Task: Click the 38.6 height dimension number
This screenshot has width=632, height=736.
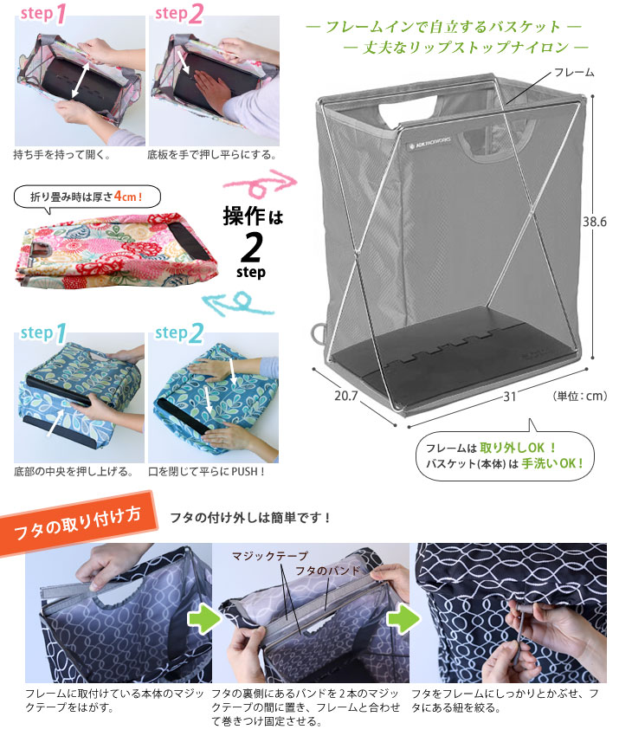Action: [x=594, y=222]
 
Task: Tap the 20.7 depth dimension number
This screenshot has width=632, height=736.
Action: [x=345, y=396]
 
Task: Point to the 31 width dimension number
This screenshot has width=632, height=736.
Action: [x=510, y=397]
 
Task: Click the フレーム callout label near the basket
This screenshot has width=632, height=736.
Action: [x=574, y=72]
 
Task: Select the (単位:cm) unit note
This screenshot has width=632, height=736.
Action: [x=580, y=397]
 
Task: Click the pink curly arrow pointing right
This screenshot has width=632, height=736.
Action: [x=260, y=184]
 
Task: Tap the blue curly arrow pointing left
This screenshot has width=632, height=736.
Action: [x=238, y=303]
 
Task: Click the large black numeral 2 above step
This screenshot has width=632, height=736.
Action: [x=251, y=248]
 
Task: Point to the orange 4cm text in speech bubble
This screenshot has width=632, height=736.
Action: [x=128, y=197]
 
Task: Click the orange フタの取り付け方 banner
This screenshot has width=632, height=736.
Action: [x=78, y=523]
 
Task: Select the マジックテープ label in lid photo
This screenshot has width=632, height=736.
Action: [x=270, y=556]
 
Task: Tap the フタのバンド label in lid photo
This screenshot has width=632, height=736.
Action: [x=327, y=571]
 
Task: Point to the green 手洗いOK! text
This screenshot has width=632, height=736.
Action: [x=552, y=463]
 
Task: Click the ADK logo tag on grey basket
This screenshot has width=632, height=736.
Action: [x=429, y=143]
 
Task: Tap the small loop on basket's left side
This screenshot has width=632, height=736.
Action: [x=317, y=333]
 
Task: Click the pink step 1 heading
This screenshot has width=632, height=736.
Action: [x=43, y=14]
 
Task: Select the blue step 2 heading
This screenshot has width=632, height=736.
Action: [x=179, y=333]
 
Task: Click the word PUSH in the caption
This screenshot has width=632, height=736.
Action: [x=245, y=471]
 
